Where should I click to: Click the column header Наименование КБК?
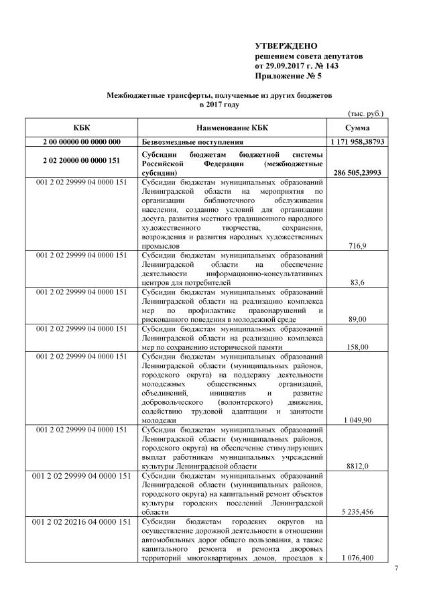click(233, 127)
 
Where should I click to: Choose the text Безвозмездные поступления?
click(192, 142)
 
